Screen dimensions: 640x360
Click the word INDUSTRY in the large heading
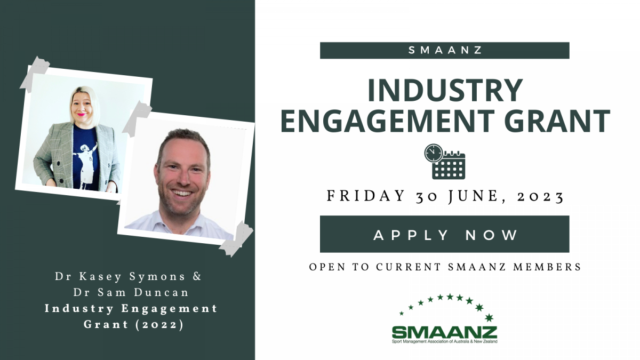pyautogui.click(x=445, y=90)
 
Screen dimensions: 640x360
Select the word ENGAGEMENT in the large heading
pyautogui.click(x=388, y=121)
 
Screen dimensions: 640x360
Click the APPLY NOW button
pyautogui.click(x=445, y=234)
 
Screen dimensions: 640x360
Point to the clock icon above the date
pyautogui.click(x=434, y=153)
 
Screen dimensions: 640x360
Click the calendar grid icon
pyautogui.click(x=449, y=166)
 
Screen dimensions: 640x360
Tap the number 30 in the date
pyautogui.click(x=427, y=197)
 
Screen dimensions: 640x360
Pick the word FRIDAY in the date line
pyautogui.click(x=366, y=196)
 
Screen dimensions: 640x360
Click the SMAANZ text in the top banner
pyautogui.click(x=445, y=50)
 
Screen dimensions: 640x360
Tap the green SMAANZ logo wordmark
pyautogui.click(x=445, y=332)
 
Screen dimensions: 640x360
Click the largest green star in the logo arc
pyautogui.click(x=489, y=317)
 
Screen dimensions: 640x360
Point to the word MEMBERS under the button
pyautogui.click(x=547, y=267)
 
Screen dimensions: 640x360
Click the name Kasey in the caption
pyautogui.click(x=101, y=277)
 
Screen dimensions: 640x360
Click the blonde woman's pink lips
pyautogui.click(x=82, y=114)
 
